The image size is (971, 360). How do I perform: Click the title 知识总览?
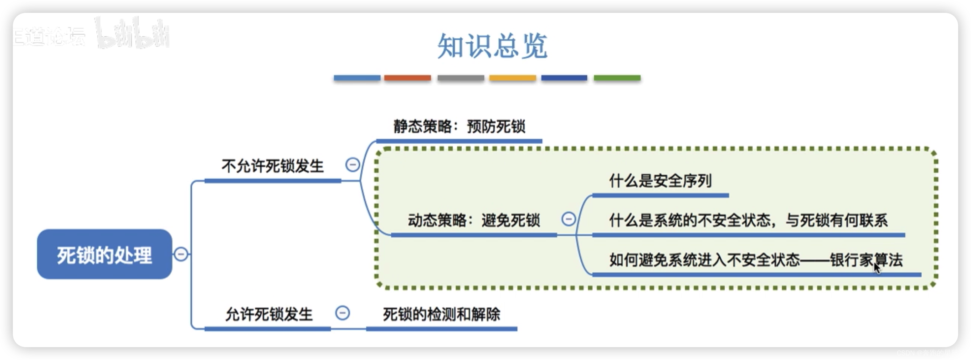tap(492, 46)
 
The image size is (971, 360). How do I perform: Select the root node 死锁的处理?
tap(104, 254)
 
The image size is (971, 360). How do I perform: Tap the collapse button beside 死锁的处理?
tap(181, 254)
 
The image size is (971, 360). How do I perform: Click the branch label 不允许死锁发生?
tap(273, 166)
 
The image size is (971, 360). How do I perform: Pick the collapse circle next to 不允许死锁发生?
tap(353, 165)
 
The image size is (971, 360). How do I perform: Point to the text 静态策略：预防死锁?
tap(459, 127)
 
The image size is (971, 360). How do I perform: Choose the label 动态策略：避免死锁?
tap(474, 220)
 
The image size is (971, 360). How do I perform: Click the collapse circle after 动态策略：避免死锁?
tap(569, 219)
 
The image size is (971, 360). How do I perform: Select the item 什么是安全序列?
tap(661, 181)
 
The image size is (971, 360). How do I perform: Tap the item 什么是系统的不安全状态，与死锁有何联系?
tap(748, 220)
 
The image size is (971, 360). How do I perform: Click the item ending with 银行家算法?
tap(756, 260)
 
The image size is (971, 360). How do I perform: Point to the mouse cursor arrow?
tap(877, 268)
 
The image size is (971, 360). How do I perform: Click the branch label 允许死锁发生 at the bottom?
tap(269, 314)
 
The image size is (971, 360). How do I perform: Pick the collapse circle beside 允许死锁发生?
tap(342, 313)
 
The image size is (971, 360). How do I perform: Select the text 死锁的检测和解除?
tap(441, 314)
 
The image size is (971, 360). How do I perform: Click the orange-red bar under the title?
tap(407, 78)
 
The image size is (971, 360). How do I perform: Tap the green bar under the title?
tap(617, 78)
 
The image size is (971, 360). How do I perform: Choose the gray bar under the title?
tap(461, 78)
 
